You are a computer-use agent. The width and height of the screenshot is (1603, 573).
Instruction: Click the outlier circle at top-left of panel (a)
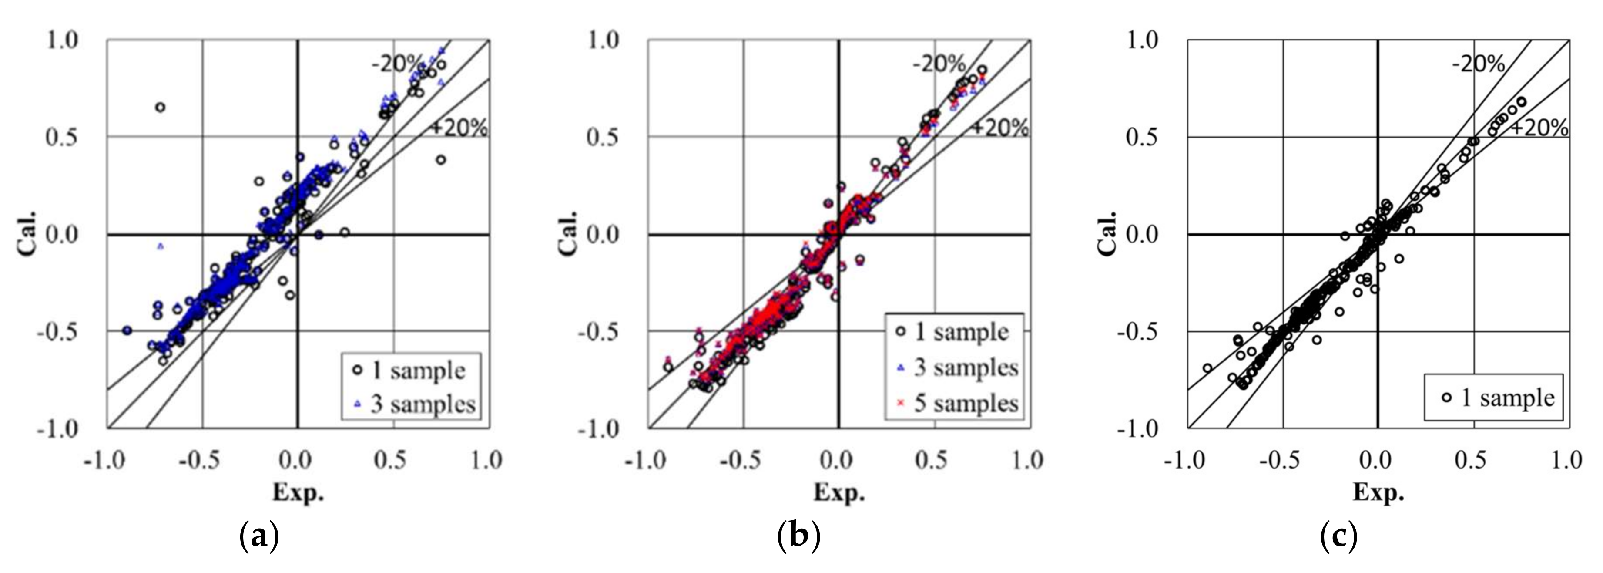160,107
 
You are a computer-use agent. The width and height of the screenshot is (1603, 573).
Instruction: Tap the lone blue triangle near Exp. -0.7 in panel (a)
161,246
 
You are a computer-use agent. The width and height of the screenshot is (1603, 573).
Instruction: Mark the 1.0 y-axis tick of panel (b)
603,40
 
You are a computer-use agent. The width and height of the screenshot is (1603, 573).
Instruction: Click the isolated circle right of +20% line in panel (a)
441,159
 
